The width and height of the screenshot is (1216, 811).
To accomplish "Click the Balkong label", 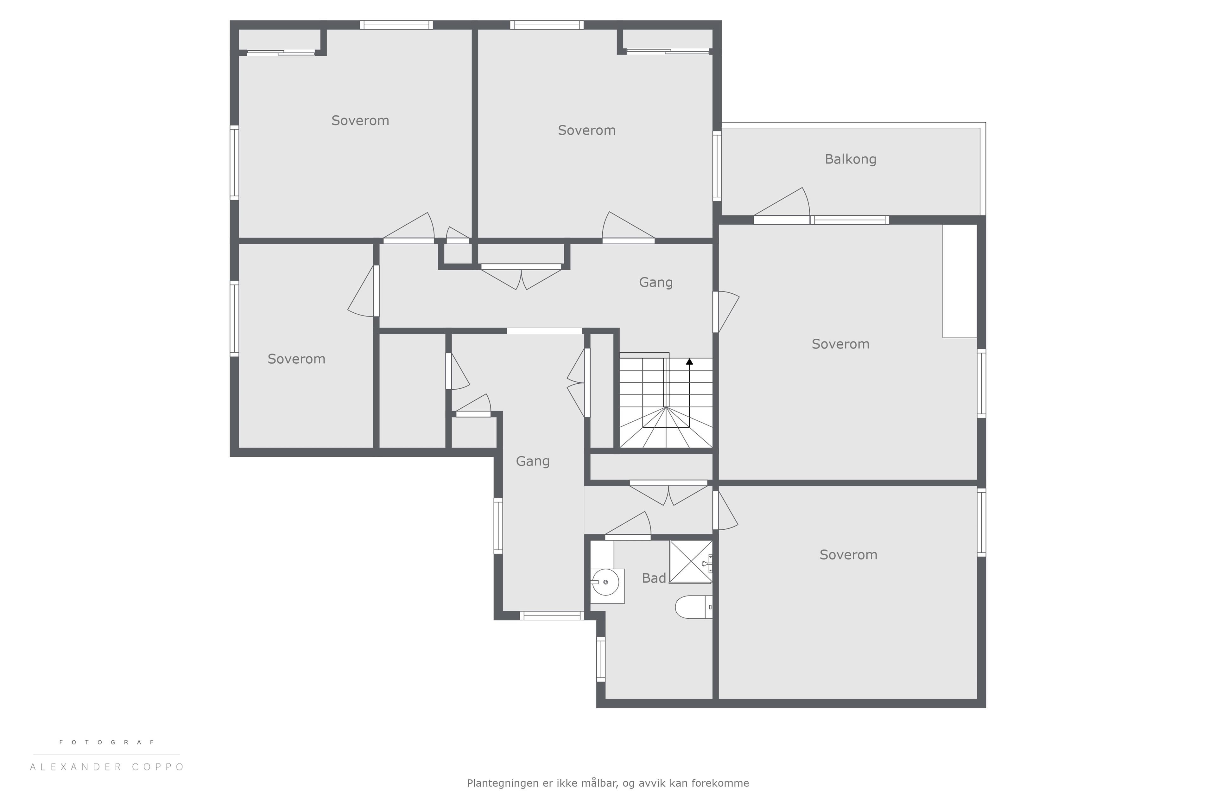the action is point(851,159).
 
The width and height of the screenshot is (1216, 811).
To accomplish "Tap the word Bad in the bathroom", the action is point(654,578).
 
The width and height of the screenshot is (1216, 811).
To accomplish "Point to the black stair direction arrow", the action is point(689,361).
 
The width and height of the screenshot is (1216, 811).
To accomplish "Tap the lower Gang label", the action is point(533,461).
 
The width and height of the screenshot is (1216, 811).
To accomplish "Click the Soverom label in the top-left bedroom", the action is point(360,120).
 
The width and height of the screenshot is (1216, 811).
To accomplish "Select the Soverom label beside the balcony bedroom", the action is point(587,130).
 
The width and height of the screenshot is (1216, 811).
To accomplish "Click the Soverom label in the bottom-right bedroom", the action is point(848,555).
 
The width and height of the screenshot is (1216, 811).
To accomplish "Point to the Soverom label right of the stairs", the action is point(841,344).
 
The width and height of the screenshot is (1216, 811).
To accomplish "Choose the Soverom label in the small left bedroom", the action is point(296,359).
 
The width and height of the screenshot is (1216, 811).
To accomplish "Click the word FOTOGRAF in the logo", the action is point(107,742).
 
